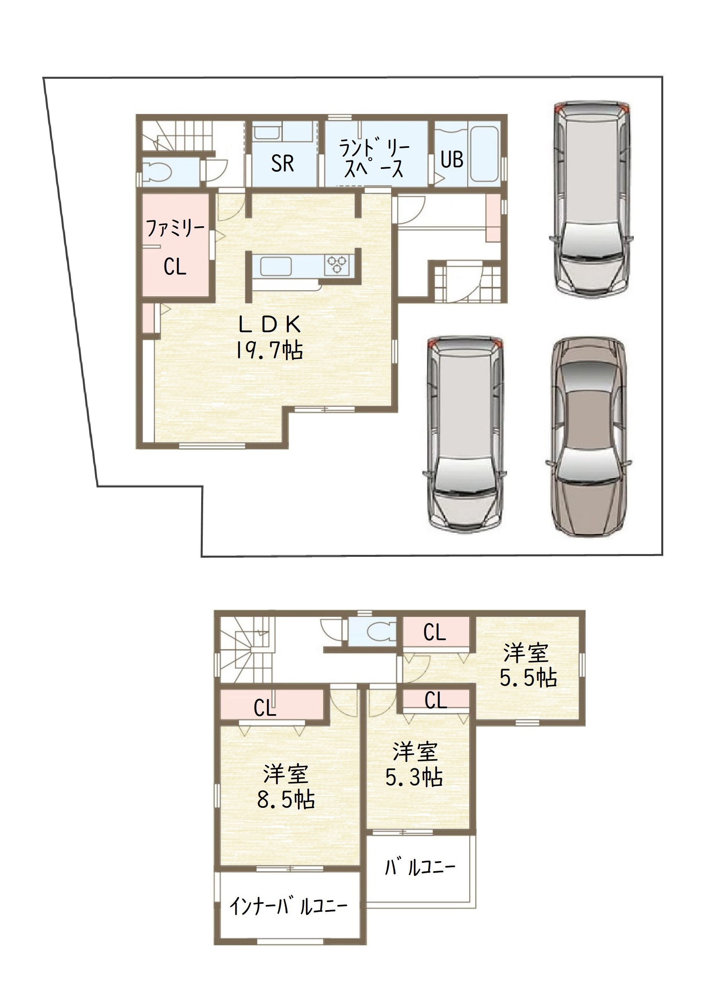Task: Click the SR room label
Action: (282, 164)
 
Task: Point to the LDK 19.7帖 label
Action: (269, 337)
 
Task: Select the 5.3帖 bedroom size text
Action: (414, 778)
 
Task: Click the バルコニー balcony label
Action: (420, 867)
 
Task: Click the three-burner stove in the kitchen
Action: (337, 265)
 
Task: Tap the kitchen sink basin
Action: (276, 266)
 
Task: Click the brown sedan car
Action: (588, 437)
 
